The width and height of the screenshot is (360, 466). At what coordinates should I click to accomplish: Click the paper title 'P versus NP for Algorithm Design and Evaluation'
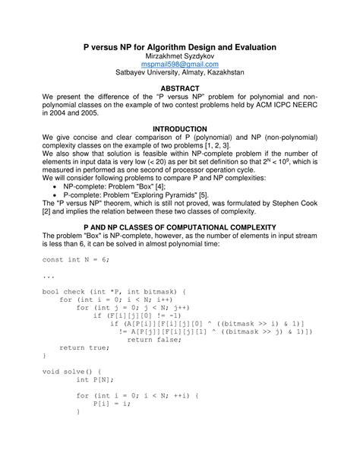point(179,47)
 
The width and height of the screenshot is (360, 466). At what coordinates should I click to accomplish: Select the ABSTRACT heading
point(179,89)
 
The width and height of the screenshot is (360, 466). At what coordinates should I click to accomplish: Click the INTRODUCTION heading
point(179,129)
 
